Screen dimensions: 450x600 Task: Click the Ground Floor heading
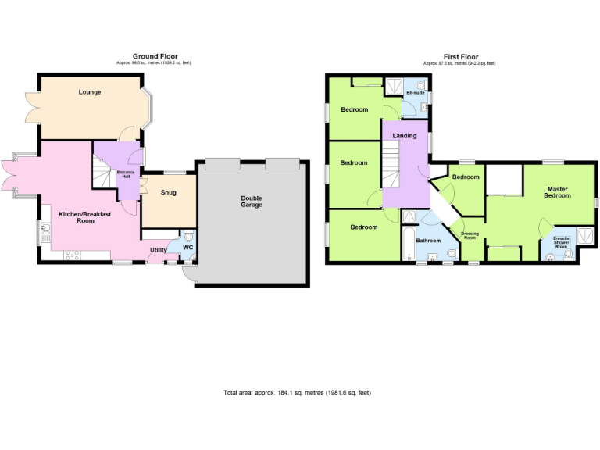tap(154, 56)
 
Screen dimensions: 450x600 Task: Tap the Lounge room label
tap(90, 92)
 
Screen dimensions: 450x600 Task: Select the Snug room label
tap(168, 192)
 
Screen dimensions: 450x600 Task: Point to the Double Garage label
tap(251, 202)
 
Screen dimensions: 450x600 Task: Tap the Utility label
tap(158, 250)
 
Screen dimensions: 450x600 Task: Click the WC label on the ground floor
tap(187, 248)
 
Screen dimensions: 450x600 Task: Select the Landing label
tap(404, 136)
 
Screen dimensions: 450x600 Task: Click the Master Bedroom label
tap(558, 192)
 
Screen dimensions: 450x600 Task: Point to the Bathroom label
tap(428, 241)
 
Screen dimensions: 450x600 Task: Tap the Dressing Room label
tap(470, 235)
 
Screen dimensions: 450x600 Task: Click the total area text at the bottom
tap(297, 391)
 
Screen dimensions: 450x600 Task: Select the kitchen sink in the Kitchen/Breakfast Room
tap(45, 231)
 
